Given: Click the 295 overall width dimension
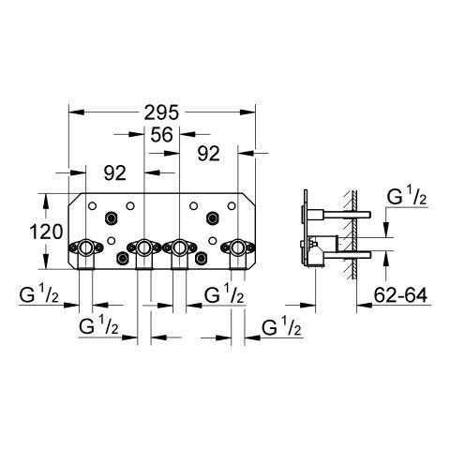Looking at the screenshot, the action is (161, 112).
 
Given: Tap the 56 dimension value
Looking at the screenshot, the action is (161, 135).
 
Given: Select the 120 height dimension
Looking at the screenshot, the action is (46, 232).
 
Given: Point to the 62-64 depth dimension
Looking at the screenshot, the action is (400, 294).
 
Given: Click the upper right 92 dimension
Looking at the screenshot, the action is (209, 154).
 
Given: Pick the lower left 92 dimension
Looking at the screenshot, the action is (115, 172).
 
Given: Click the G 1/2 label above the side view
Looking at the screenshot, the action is (407, 197).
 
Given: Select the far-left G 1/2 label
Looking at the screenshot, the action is (38, 294).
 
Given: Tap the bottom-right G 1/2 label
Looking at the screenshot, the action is (281, 327).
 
